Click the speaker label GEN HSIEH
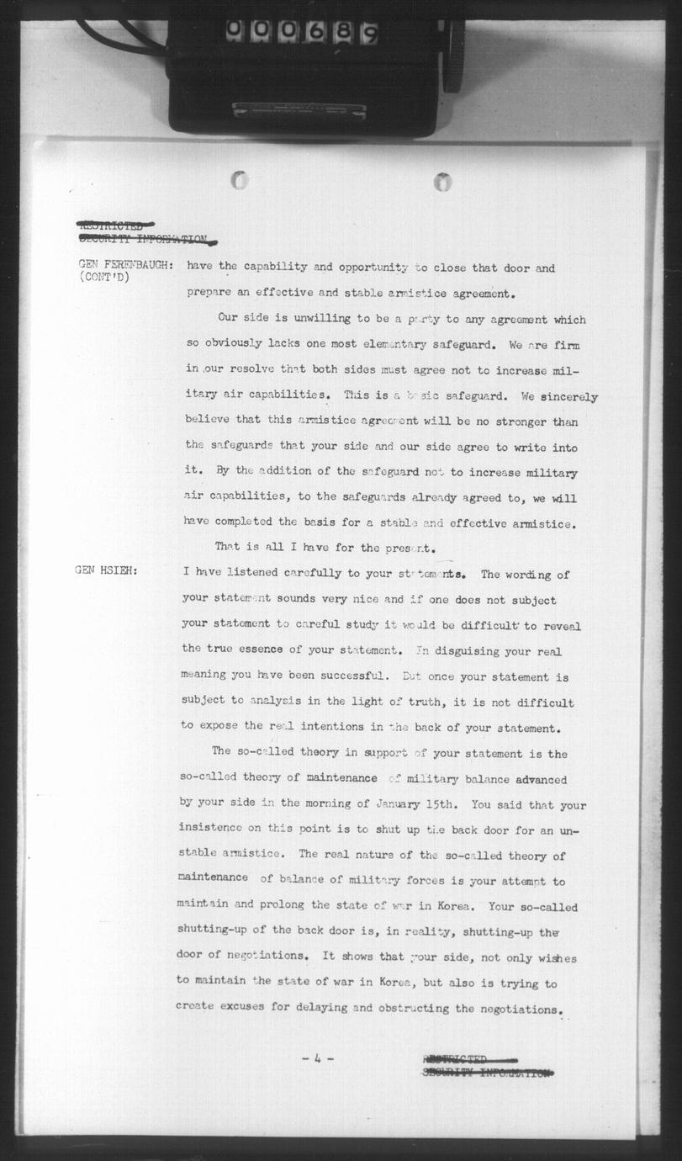pos(105,573)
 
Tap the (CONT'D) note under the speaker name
pos(104,277)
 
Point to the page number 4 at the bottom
pos(317,1058)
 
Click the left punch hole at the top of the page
pos(240,180)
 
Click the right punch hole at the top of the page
pos(442,181)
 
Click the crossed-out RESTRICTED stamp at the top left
pos(115,225)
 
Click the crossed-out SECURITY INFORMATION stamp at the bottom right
pos(487,1073)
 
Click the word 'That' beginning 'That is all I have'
pos(227,547)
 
